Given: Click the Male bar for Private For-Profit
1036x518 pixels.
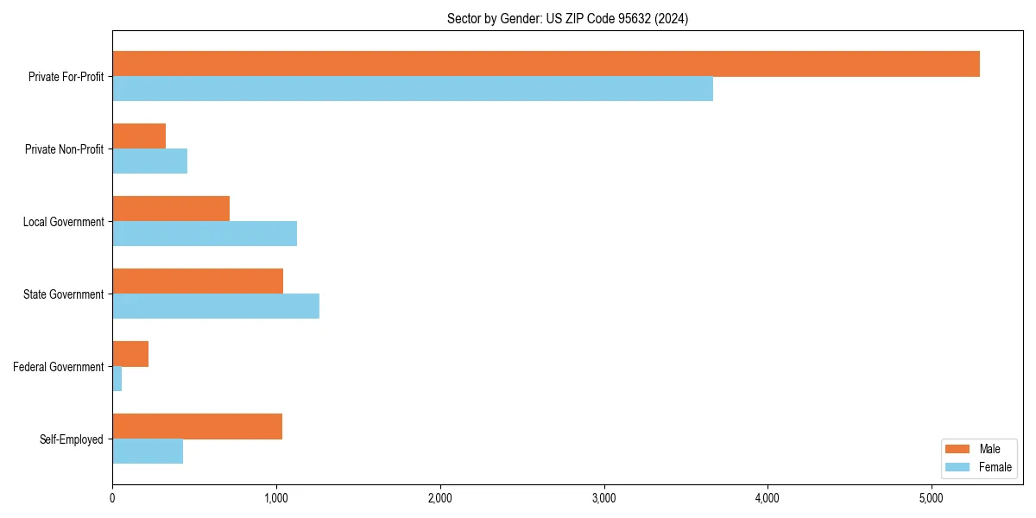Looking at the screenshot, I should click(546, 64).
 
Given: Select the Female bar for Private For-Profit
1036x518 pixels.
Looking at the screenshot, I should click(413, 89).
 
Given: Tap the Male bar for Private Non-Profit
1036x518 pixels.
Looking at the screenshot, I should click(139, 136).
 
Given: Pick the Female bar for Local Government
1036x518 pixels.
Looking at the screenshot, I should click(205, 234).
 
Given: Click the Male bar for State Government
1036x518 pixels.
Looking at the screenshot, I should click(198, 281).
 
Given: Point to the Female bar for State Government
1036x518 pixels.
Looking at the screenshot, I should click(216, 306).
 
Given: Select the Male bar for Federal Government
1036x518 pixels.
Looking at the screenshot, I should click(130, 354).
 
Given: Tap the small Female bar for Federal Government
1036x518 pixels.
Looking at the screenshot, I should click(117, 379).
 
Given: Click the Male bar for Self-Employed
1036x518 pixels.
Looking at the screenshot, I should click(197, 426).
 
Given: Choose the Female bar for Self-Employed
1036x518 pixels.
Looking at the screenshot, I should click(148, 452).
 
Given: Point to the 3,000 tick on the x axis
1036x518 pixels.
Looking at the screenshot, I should click(603, 498).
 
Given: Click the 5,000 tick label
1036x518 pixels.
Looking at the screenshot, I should click(932, 498).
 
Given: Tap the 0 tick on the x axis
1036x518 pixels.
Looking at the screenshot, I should click(112, 498).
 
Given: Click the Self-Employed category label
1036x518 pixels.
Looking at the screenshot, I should click(72, 439).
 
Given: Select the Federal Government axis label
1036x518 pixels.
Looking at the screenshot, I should click(59, 367).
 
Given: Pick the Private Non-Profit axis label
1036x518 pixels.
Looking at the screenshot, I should click(64, 149).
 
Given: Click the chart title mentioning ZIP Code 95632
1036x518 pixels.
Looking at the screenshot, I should click(567, 18).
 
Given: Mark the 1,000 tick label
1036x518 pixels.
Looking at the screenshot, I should click(276, 498).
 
